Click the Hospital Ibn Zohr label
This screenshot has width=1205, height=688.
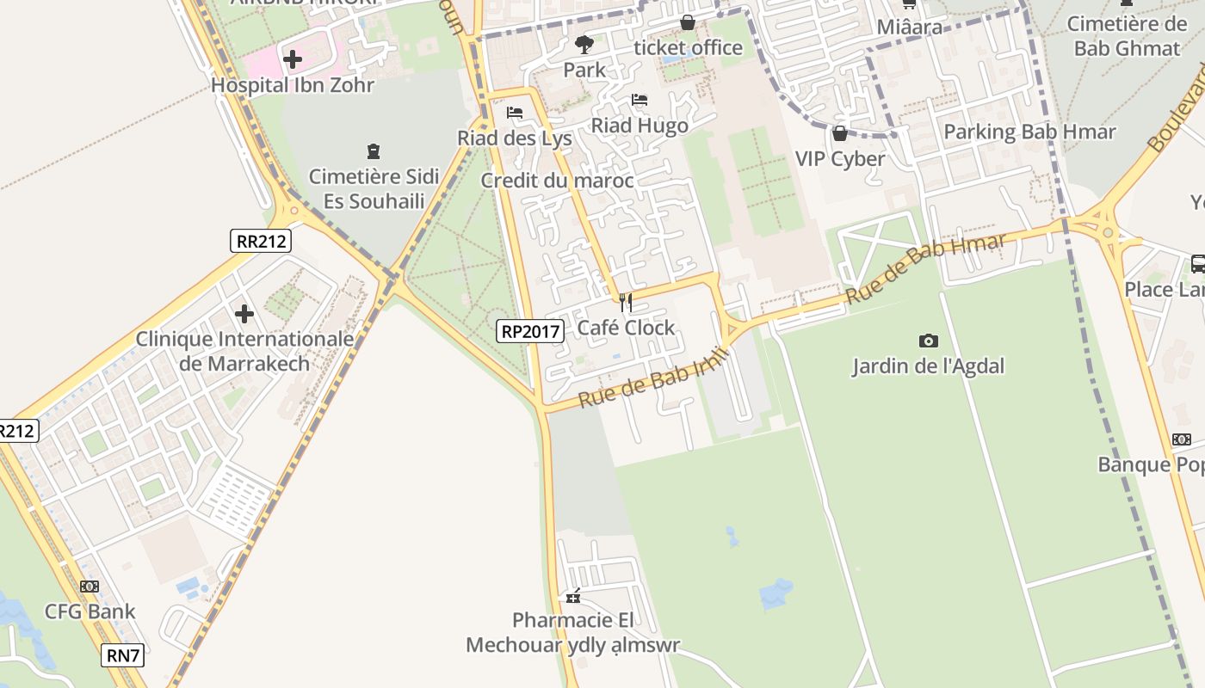293,85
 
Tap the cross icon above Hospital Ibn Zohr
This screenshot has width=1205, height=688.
293,59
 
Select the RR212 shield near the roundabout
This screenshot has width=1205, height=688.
261,241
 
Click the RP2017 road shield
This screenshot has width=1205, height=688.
529,330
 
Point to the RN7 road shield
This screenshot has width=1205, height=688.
122,655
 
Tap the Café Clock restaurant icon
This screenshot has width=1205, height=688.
626,302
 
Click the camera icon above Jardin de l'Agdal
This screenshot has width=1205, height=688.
928,341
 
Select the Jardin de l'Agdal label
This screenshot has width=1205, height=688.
928,366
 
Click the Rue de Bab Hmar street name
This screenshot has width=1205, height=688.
925,267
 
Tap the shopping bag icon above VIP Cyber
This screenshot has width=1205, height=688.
839,133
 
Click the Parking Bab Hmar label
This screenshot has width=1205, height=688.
1029,132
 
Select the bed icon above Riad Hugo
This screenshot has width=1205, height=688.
640,100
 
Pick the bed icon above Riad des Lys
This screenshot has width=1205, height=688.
515,112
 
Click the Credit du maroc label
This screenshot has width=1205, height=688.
557,181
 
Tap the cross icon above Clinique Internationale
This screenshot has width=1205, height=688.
244,314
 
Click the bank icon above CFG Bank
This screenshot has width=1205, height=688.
90,587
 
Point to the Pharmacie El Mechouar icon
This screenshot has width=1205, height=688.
573,596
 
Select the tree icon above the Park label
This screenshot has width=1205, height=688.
584,44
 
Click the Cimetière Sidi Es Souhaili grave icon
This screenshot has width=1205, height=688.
373,151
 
